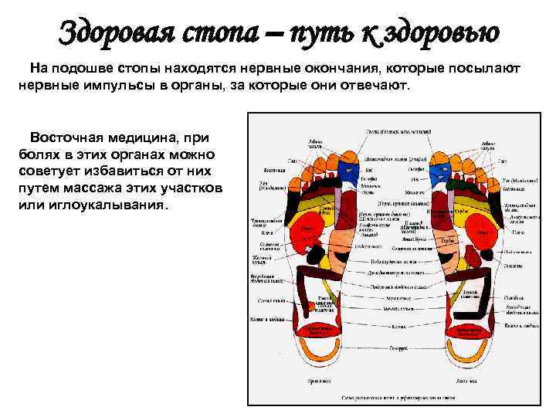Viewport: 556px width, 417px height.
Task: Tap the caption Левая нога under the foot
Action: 468,382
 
